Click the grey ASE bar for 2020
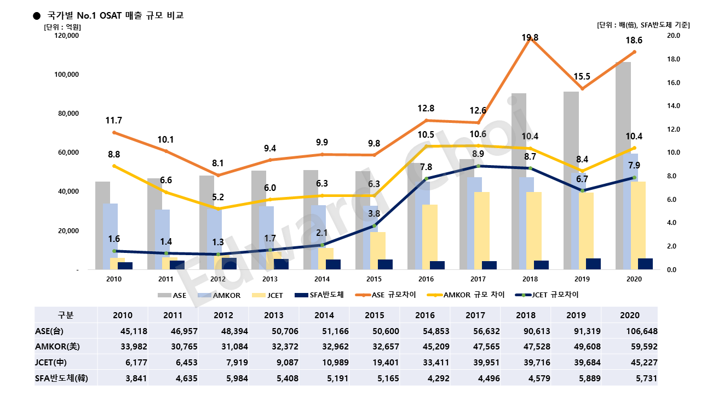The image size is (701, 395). tap(623, 165)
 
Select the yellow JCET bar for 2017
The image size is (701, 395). tap(481, 230)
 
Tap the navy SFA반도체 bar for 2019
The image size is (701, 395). tap(593, 264)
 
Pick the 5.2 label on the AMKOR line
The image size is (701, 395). tap(218, 197)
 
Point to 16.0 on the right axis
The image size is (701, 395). tap(672, 83)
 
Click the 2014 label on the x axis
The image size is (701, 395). tap(322, 279)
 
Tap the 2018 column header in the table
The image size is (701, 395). tap(530, 315)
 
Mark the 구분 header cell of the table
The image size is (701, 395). tap(66, 315)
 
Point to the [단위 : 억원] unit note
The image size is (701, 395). tap(62, 26)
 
